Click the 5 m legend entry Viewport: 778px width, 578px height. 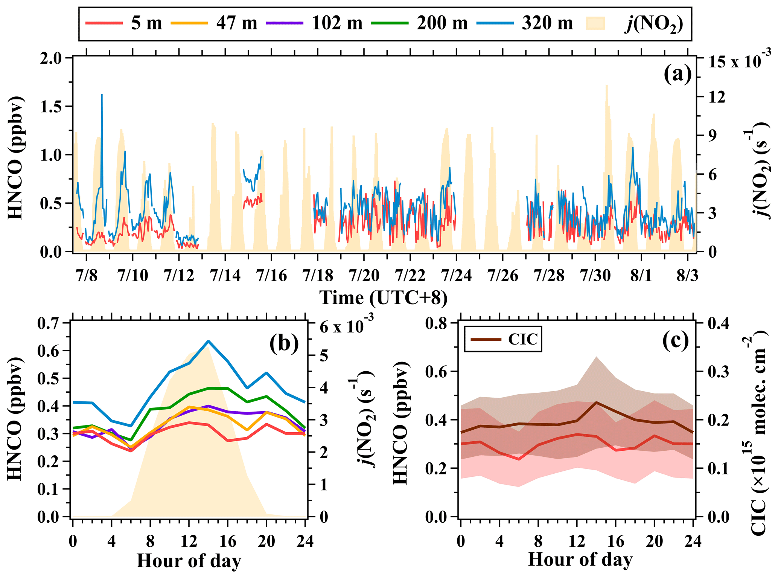pyautogui.click(x=124, y=23)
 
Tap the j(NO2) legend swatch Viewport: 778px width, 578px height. pyautogui.click(x=595, y=23)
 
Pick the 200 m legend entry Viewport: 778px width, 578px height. pyautogui.click(x=419, y=23)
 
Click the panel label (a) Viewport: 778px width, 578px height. pyautogui.click(x=678, y=74)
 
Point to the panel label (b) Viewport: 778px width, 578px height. pyautogui.click(x=284, y=343)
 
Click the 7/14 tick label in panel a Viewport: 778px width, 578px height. pyautogui.click(x=225, y=276)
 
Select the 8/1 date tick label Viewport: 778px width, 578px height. pyautogui.click(x=641, y=276)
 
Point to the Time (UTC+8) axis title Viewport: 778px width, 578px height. pyautogui.click(x=384, y=298)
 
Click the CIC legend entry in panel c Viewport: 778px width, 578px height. pyautogui.click(x=503, y=339)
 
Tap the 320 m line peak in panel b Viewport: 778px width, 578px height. pyautogui.click(x=208, y=341)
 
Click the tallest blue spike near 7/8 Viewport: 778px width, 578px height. pyautogui.click(x=102, y=95)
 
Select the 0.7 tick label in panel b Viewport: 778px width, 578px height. pyautogui.click(x=49, y=323)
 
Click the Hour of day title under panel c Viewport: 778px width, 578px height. pyautogui.click(x=580, y=559)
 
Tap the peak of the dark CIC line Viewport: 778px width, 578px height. pyautogui.click(x=596, y=402)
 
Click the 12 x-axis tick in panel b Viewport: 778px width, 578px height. pyautogui.click(x=189, y=541)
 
